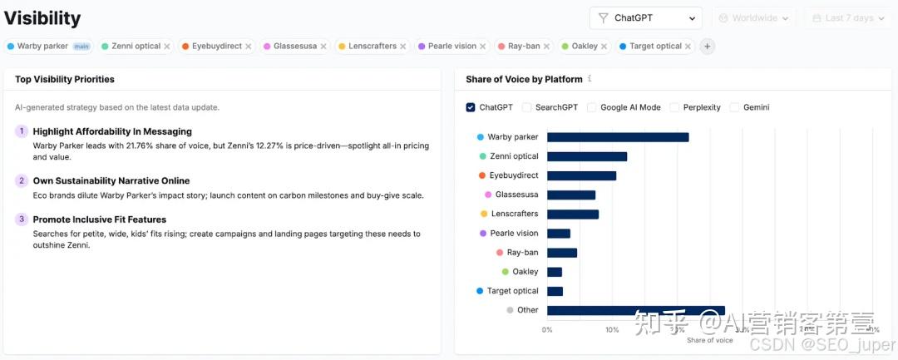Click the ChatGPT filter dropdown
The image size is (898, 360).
645,18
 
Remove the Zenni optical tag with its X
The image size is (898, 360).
167,47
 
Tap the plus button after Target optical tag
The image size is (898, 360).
708,47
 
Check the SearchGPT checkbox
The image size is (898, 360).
527,107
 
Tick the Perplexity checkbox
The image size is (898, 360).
675,107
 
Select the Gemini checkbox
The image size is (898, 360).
735,107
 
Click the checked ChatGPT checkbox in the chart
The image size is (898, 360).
471,107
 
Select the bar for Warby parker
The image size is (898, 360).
618,137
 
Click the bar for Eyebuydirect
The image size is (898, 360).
581,175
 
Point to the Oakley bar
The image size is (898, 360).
554,272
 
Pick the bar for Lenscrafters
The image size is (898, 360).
572,214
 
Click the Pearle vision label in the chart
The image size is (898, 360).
514,234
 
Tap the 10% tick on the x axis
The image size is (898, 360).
612,330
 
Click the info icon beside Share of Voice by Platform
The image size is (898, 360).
590,79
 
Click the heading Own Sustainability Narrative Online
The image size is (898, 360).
111,180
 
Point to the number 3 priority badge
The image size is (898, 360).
22,219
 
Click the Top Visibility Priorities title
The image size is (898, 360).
65,79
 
